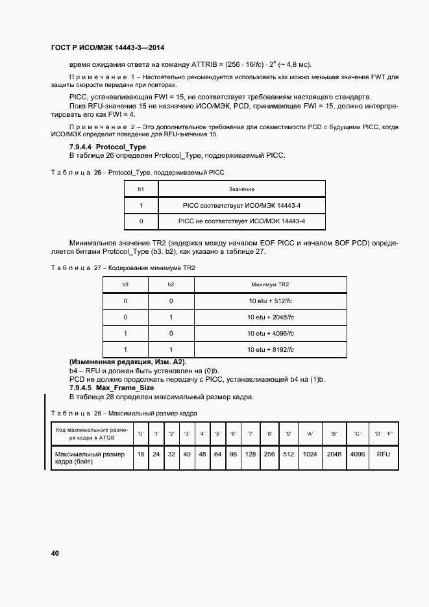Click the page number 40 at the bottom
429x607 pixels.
tap(55, 553)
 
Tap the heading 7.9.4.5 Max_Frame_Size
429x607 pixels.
tap(108, 388)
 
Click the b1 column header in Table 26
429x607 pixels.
tap(141, 189)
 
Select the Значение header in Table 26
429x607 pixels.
tap(241, 189)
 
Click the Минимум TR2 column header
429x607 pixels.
tap(271, 284)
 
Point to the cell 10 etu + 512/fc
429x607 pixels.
tap(271, 301)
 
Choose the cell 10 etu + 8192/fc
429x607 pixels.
tap(271, 349)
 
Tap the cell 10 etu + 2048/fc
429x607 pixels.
tap(271, 317)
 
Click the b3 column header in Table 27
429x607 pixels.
tap(125, 284)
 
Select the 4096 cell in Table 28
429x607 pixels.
tap(357, 454)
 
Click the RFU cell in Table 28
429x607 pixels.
tap(383, 454)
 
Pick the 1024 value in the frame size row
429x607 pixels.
tap(310, 454)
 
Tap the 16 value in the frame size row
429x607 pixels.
tap(141, 454)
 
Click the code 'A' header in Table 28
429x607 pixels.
tap(310, 433)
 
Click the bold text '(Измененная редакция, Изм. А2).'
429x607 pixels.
tap(128, 362)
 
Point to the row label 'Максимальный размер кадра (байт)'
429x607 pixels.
tap(90, 458)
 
